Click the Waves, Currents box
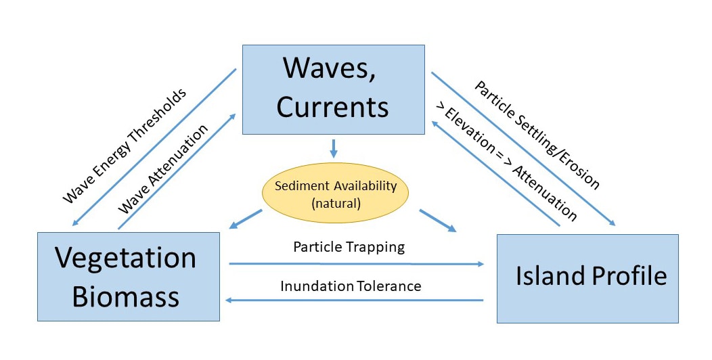333,89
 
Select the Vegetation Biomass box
129,277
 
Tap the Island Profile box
587,279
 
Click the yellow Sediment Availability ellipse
335,193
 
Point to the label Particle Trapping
349,247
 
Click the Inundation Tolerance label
351,286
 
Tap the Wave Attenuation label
163,169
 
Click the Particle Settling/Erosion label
537,135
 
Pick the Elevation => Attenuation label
506,162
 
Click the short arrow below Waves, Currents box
334,148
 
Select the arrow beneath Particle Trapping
357,264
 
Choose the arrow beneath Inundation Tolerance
355,300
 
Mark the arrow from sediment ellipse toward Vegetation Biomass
246,219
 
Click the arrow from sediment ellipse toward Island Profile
438,221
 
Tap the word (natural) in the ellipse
336,203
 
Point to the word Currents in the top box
333,107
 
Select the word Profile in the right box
629,275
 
